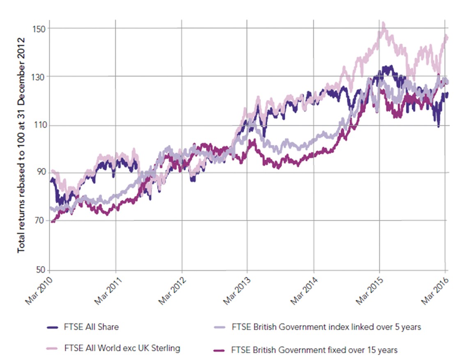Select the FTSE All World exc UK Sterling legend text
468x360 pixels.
tap(122, 349)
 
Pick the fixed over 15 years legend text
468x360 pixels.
tap(314, 350)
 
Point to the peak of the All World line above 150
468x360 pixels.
tap(383, 23)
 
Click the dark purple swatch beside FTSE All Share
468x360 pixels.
tap(53, 328)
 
